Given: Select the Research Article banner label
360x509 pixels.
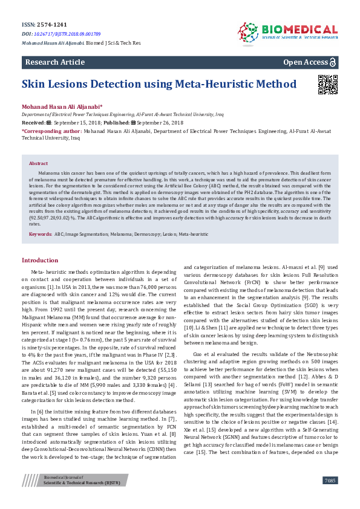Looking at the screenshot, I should point(54,62).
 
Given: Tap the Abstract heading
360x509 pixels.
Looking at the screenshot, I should point(38,146).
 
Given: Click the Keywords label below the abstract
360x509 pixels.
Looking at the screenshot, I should point(40,233).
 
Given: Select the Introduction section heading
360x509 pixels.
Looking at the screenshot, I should point(40,260).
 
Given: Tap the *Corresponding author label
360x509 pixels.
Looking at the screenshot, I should point(51,129).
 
